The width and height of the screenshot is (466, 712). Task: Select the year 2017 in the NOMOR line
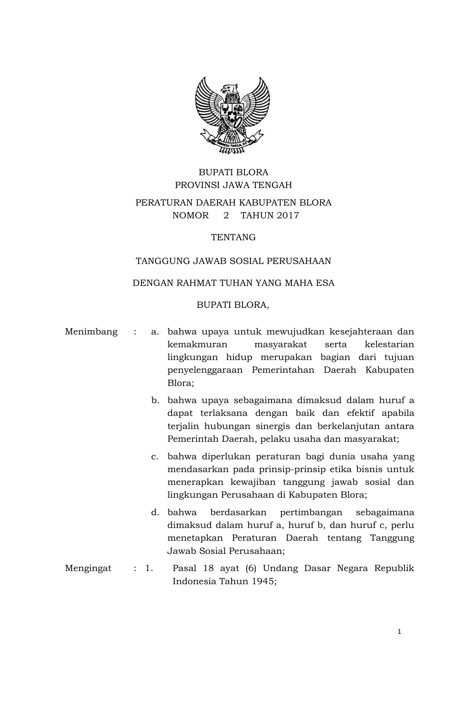(x=288, y=215)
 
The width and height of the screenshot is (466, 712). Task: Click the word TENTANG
(x=233, y=237)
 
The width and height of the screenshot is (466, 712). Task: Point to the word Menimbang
(x=91, y=332)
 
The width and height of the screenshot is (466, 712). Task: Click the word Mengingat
(x=88, y=568)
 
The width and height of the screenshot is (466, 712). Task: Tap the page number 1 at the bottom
(x=399, y=632)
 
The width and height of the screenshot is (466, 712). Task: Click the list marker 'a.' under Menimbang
(x=155, y=332)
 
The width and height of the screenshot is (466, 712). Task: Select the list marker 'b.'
(x=155, y=400)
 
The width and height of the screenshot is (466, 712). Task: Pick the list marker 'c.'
(x=155, y=456)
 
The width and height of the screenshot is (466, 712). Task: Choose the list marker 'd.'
(x=155, y=512)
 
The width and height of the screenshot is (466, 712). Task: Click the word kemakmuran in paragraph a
(x=197, y=344)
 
